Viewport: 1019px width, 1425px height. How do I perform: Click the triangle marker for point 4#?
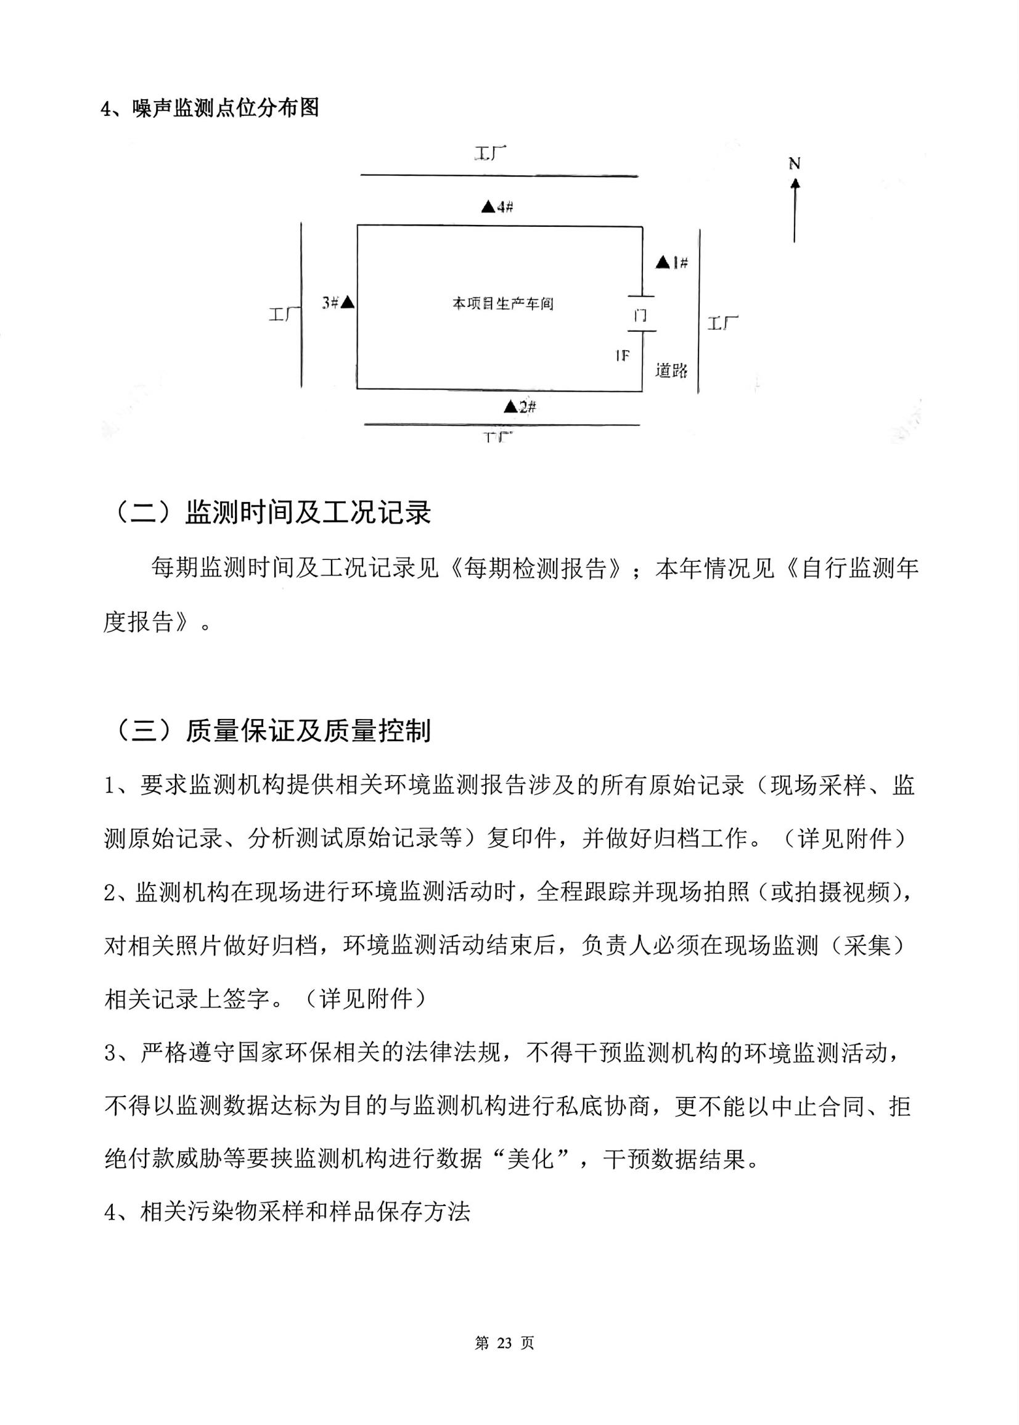click(x=488, y=207)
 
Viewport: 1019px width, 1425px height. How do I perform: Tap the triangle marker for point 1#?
click(x=663, y=262)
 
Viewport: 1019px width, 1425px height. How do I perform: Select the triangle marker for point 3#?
click(x=347, y=303)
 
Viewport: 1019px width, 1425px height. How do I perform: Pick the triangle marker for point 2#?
click(x=511, y=407)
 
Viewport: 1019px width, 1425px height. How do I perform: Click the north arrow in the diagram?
click(x=795, y=210)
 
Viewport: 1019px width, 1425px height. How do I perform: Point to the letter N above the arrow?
click(x=795, y=164)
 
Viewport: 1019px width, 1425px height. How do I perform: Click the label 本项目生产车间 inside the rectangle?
click(x=502, y=304)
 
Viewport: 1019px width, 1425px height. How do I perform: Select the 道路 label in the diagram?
click(x=671, y=370)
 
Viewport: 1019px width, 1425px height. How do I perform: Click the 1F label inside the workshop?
click(x=622, y=356)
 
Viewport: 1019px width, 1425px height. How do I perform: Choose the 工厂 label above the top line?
click(x=490, y=153)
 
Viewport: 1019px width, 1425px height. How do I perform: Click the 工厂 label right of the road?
click(x=722, y=324)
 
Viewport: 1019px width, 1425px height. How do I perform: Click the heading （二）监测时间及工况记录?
click(x=274, y=512)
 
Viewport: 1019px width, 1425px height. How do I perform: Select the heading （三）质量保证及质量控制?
click(x=274, y=731)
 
